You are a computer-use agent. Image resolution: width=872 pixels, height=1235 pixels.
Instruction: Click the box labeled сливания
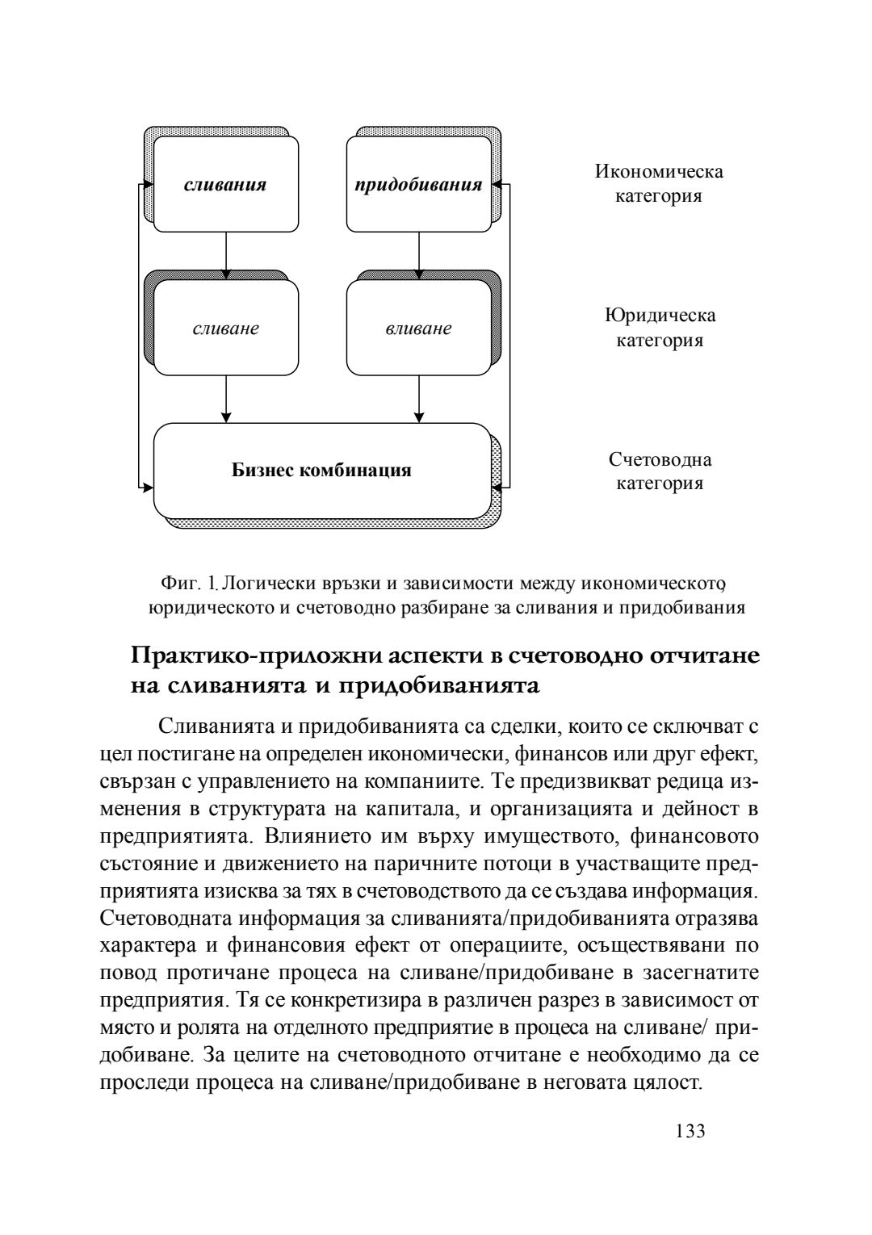[x=225, y=184]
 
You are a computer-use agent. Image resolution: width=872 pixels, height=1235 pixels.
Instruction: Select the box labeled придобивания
[x=419, y=184]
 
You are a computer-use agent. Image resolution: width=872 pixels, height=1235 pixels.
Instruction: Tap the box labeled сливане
[x=225, y=329]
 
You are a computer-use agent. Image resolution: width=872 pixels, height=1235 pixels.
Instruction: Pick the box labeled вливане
[x=419, y=329]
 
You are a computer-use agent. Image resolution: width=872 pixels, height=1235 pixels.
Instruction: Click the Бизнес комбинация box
[x=321, y=470]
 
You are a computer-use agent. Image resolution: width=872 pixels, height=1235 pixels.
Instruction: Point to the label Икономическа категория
[x=659, y=183]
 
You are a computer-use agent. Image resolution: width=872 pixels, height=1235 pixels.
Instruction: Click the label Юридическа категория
[x=660, y=327]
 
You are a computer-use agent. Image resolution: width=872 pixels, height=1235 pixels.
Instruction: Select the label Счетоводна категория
[x=660, y=471]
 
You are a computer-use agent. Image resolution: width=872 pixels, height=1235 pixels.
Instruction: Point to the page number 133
[x=690, y=1131]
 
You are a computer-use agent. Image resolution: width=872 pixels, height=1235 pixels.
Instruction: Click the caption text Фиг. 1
[x=190, y=582]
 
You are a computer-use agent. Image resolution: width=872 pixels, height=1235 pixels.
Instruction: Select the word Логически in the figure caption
[x=262, y=582]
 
